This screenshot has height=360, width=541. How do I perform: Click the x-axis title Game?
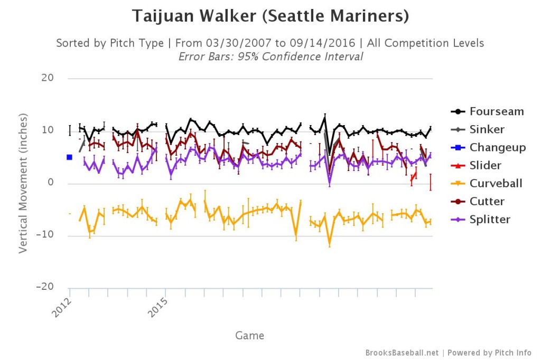point(250,335)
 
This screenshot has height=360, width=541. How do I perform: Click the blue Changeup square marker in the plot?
point(69,157)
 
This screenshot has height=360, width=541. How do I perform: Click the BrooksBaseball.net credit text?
point(402,353)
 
